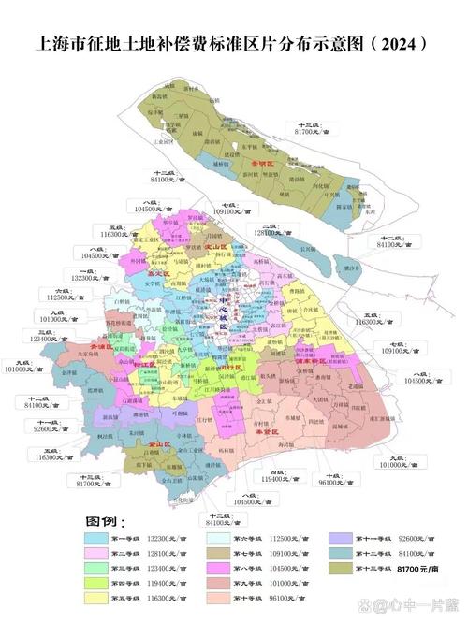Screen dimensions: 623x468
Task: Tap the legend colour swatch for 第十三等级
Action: pyautogui.click(x=343, y=569)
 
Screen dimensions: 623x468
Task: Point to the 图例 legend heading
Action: pyautogui.click(x=104, y=520)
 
